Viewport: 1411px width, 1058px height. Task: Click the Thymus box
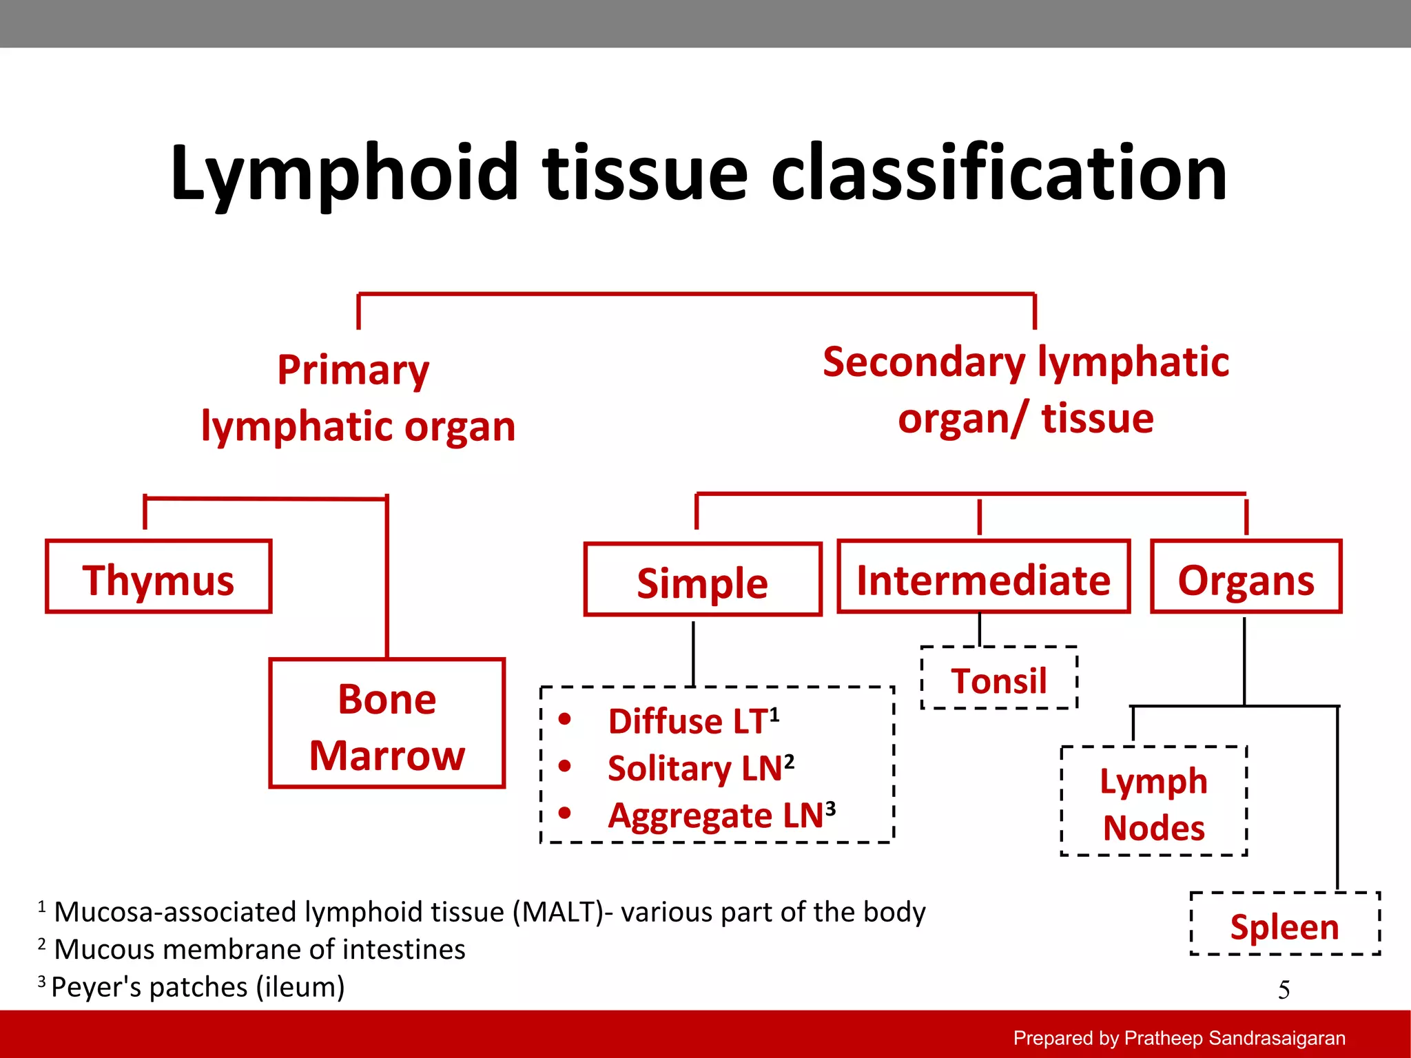(158, 577)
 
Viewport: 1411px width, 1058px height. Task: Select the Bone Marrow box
(387, 723)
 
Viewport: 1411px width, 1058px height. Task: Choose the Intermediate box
(983, 577)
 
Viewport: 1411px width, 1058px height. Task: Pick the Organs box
(1246, 577)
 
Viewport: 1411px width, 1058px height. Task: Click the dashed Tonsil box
(999, 678)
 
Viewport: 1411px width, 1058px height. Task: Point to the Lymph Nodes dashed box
(1153, 802)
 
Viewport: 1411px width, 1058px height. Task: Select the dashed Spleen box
(1285, 924)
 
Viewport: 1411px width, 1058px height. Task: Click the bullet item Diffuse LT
(692, 721)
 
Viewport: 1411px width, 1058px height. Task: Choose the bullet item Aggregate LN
(721, 815)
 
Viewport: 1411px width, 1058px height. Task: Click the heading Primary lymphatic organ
(358, 398)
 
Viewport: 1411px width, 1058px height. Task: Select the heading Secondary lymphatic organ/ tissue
(1025, 390)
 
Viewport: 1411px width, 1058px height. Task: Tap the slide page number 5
(1284, 990)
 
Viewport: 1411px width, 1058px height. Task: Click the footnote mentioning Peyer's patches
(197, 986)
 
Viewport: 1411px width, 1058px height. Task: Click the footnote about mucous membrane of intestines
(258, 949)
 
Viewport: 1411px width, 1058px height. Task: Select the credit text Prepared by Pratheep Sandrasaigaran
(1179, 1037)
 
